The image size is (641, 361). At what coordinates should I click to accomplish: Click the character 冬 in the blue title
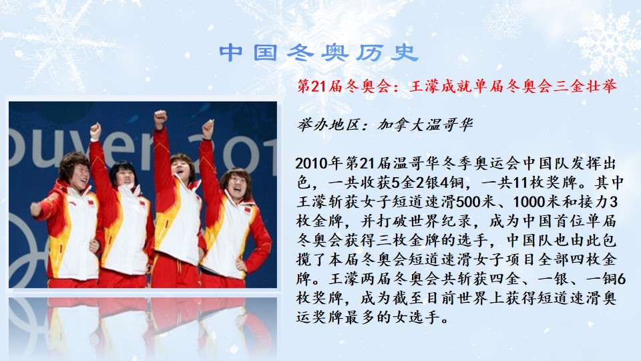point(301,53)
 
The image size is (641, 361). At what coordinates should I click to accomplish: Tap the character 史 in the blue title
point(404,53)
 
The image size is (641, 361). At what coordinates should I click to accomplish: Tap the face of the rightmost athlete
point(236,187)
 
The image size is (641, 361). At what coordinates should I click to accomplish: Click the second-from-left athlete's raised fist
point(95,131)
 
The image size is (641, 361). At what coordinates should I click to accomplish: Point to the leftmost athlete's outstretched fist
point(36,209)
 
